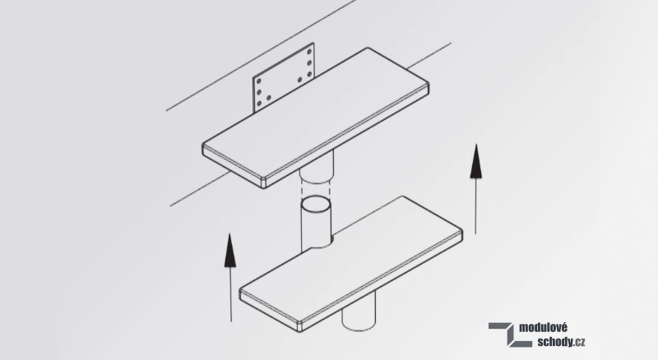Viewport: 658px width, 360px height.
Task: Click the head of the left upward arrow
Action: point(230,251)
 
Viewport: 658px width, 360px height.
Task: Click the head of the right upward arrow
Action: point(475,162)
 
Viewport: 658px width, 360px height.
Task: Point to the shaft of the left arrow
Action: point(231,294)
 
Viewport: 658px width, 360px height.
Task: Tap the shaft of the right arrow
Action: point(475,206)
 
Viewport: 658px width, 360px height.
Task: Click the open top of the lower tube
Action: point(316,205)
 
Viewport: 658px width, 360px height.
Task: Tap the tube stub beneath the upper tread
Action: point(317,167)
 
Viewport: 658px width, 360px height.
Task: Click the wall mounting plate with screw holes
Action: point(284,77)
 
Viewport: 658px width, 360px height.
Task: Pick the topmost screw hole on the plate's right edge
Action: point(309,52)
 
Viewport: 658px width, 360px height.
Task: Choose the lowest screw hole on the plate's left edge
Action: point(258,104)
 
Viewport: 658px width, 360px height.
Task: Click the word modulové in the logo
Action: point(543,328)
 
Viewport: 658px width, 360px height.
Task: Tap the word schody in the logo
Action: point(554,342)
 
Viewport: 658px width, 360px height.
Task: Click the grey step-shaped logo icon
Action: point(507,335)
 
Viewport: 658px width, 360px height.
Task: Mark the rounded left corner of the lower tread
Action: point(242,293)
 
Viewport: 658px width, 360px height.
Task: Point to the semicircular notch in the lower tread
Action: point(322,243)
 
